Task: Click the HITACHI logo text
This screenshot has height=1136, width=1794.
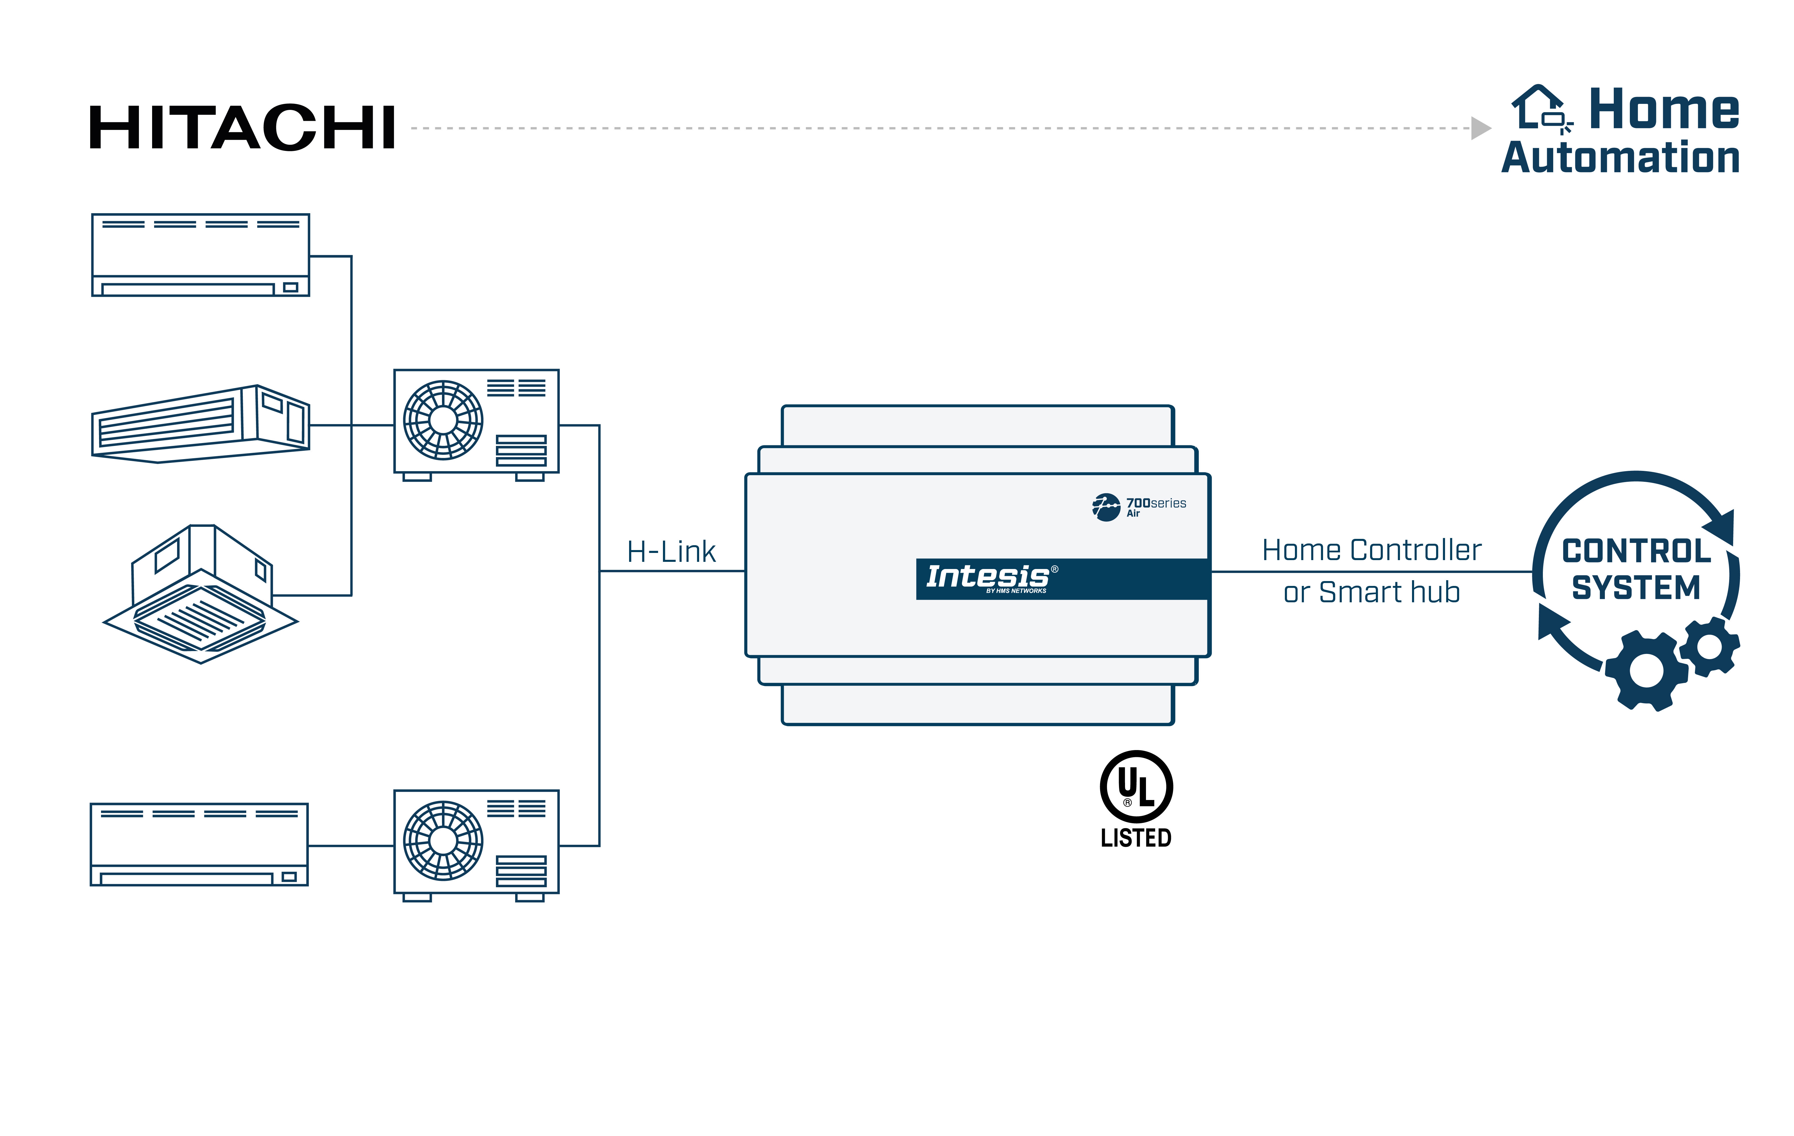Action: click(x=242, y=128)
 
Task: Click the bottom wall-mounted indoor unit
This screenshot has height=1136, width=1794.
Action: click(x=199, y=844)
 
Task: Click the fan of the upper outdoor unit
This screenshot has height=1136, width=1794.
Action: click(x=443, y=420)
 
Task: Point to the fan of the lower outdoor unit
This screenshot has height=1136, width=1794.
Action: click(x=443, y=841)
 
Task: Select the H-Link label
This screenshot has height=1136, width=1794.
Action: click(x=671, y=552)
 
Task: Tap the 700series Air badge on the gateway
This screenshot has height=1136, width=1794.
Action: click(x=1140, y=506)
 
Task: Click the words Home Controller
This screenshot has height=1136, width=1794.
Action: click(x=1372, y=550)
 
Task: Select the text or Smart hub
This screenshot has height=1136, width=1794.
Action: click(x=1372, y=592)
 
